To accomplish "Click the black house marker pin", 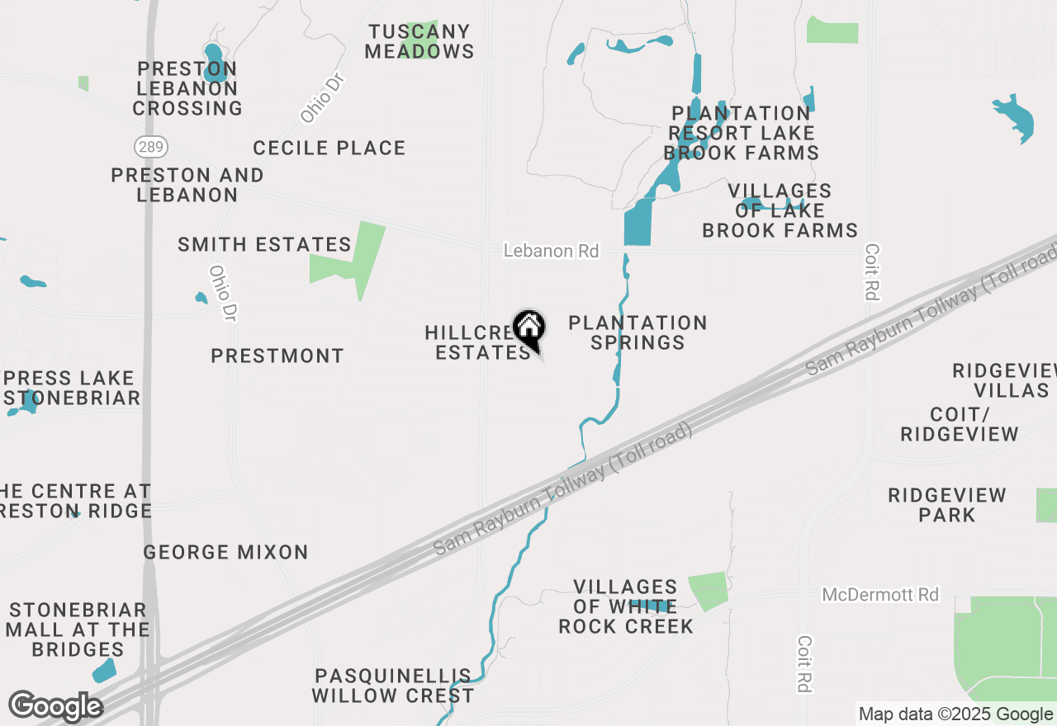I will pos(529,329).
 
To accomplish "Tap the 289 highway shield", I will pos(151,148).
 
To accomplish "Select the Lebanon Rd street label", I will pos(551,251).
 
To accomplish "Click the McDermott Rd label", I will pos(880,594).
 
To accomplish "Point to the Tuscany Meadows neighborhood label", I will pos(419,41).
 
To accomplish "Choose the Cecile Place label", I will pos(329,148).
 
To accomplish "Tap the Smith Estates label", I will pos(264,245).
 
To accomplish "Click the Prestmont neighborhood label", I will pos(277,356).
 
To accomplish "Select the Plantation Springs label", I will pos(638,332).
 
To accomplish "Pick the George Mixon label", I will pos(225,553).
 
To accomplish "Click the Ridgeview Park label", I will pos(947,505).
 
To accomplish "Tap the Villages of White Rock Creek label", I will pos(626,606).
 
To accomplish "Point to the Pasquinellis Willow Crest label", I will pos(392,686).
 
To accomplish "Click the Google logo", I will pos(55,706).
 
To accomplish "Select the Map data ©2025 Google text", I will pos(955,714).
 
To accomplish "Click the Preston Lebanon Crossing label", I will pos(187,88).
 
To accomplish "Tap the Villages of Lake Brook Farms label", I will pos(780,211).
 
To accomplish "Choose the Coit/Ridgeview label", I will pos(960,423).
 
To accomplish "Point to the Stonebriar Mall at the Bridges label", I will pos(78,629).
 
